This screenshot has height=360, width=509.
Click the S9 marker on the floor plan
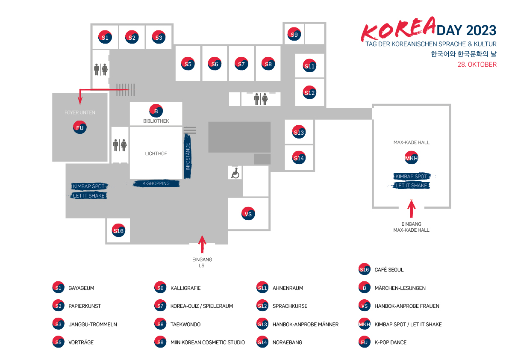point(294,34)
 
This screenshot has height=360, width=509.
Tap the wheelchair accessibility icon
point(235,173)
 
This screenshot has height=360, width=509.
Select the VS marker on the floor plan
point(248,214)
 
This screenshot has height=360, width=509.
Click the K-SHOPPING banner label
point(156,183)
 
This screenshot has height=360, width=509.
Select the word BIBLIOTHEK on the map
point(156,121)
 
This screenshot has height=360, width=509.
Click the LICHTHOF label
point(156,153)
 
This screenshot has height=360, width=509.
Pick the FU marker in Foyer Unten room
point(79,127)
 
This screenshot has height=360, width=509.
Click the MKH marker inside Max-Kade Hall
point(411,158)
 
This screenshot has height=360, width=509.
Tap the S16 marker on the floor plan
point(118,231)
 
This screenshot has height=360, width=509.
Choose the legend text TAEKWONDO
point(185,325)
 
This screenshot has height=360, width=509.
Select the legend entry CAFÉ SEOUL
point(389,270)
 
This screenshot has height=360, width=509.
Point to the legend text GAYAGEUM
point(80,288)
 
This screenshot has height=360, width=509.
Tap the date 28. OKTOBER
point(477,65)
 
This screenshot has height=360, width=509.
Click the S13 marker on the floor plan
point(299,133)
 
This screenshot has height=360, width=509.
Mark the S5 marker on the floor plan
point(188,64)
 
